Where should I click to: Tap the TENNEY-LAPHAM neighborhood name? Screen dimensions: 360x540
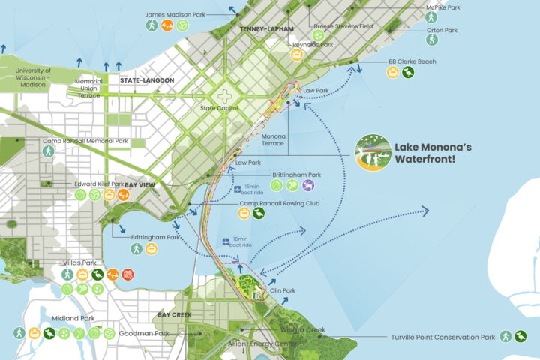pos(265,28)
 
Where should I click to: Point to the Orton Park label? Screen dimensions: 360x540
pos(442,31)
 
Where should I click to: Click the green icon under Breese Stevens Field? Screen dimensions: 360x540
pos(319,35)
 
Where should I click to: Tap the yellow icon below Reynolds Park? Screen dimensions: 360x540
pos(298,55)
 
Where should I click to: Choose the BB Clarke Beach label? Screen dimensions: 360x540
pos(412,61)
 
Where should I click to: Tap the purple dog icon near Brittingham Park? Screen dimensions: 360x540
pos(309,185)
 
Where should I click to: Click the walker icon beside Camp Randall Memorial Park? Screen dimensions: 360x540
pos(48,152)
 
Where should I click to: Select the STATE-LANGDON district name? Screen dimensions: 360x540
pos(147,79)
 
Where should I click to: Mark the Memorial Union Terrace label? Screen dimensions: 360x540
pos(88,88)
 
